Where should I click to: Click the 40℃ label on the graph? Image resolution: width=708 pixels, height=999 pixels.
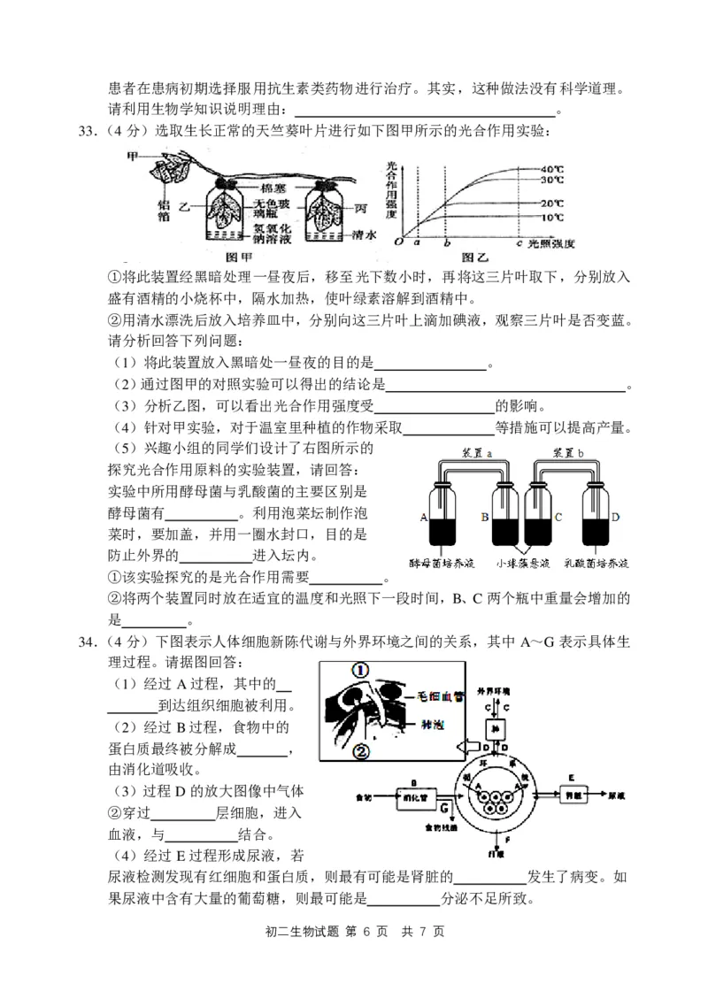coord(553,168)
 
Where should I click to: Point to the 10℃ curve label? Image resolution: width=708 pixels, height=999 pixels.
coord(553,217)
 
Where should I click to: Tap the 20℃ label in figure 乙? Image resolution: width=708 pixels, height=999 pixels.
coord(553,204)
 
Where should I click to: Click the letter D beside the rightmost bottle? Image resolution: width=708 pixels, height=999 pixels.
coord(614,517)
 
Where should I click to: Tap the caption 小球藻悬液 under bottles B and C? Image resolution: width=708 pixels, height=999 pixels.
coord(522,563)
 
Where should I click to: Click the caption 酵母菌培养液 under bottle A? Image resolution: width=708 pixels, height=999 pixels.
coord(442,563)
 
